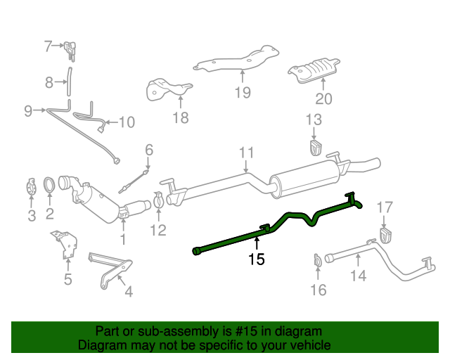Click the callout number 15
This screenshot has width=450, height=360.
coord(256,259)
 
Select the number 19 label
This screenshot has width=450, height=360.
coord(243,91)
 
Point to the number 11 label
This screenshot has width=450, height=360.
coord(245,153)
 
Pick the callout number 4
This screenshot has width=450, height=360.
coord(127,290)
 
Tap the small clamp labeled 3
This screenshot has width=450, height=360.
coord(31,188)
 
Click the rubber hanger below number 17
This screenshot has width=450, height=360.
coord(385,234)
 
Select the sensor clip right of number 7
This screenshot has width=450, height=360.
coord(70,49)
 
